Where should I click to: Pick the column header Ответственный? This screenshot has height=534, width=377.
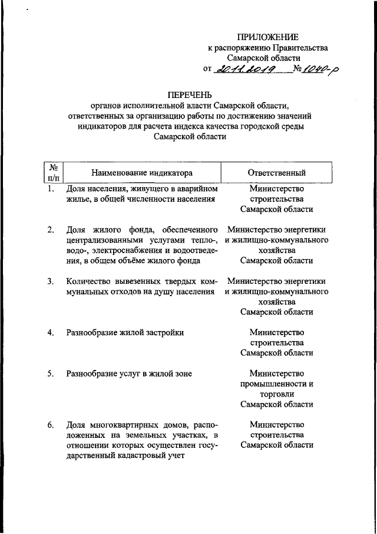(276, 173)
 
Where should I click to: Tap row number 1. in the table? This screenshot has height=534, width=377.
(52, 189)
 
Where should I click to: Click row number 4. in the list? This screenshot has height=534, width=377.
(52, 332)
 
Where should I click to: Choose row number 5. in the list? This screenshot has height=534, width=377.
(52, 373)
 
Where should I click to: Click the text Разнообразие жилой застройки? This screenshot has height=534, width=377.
(125, 332)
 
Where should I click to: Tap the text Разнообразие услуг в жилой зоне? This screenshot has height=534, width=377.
(129, 373)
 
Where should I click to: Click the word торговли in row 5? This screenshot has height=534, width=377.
(276, 394)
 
